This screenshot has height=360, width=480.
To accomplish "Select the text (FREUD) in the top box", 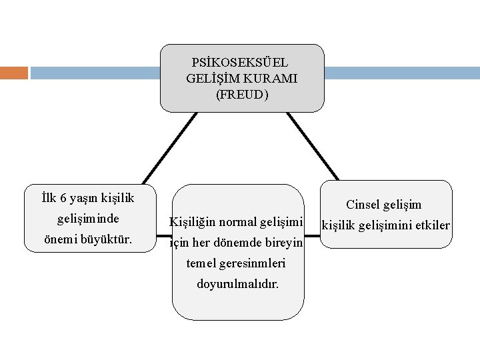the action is pos(242,95).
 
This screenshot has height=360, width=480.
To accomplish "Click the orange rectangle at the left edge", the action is pos(14,72).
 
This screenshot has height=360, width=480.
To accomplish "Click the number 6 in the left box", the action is pos(63,198).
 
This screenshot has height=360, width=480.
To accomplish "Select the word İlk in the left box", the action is pos(49,198).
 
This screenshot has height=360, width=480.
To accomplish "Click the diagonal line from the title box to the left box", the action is pos(170,148).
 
